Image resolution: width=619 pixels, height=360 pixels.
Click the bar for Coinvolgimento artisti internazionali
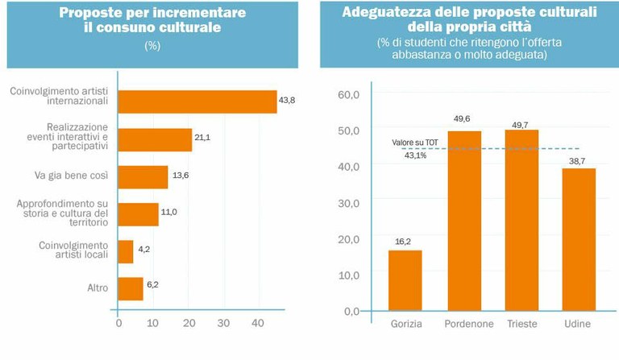tap(197, 101)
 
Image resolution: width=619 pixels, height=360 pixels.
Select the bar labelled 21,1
tap(155, 139)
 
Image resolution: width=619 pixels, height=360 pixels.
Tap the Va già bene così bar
tap(143, 177)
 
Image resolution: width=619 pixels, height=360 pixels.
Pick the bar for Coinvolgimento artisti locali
tap(126, 251)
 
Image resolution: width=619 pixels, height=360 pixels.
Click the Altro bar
tap(131, 288)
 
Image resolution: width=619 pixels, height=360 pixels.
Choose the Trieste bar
tap(522, 220)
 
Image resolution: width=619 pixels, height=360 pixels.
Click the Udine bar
tap(579, 239)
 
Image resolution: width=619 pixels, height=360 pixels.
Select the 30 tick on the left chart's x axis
tap(223, 324)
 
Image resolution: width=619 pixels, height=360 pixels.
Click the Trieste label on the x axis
tap(523, 324)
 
